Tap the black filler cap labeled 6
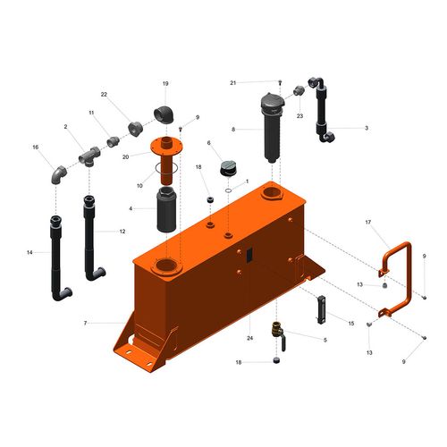[x=228, y=168]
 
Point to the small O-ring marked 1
[x=229, y=190]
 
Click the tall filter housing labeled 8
[x=273, y=128]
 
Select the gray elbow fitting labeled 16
[x=59, y=174]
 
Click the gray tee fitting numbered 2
[x=89, y=156]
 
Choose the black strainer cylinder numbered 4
[x=166, y=209]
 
